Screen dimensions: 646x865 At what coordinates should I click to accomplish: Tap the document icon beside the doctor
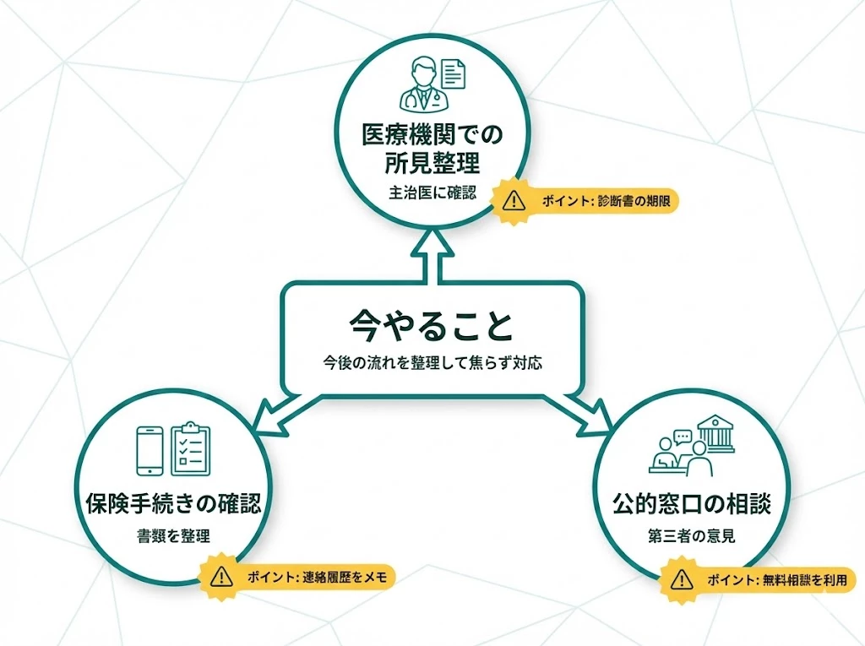click(454, 73)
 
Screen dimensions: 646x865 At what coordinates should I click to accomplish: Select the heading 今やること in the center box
click(431, 326)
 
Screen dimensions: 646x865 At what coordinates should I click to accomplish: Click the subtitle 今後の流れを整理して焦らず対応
click(432, 364)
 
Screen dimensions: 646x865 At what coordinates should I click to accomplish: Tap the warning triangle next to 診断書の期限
click(513, 202)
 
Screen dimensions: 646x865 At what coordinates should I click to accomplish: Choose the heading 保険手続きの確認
click(172, 505)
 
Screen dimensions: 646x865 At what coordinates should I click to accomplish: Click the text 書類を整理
click(172, 537)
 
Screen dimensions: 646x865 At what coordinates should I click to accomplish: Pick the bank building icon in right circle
click(714, 434)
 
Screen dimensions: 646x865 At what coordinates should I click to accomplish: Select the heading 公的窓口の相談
click(692, 505)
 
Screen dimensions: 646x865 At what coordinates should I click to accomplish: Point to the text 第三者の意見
click(692, 537)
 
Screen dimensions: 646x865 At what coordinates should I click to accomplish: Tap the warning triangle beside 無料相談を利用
click(682, 581)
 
